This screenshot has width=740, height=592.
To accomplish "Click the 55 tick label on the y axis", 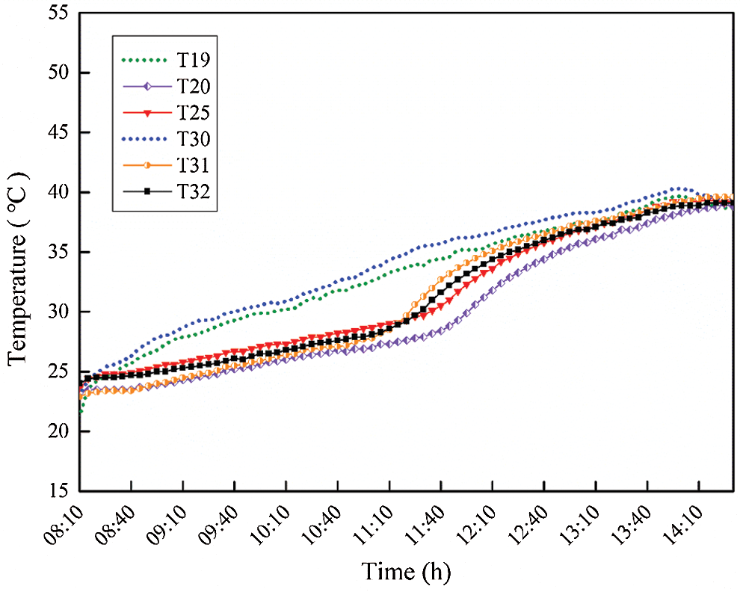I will (57, 13).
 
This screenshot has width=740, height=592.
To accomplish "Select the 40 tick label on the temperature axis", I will (57, 193).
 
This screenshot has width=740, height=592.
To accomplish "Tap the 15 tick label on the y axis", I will (57, 491).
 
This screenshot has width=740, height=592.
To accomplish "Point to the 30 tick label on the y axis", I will (57, 312).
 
